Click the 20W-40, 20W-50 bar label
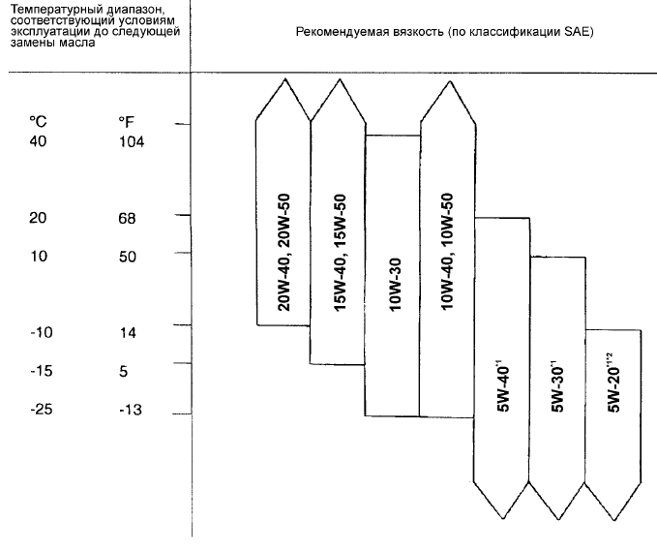coord(284,252)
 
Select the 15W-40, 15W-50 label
coord(340,253)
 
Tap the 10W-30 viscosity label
coord(396,285)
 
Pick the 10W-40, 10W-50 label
coord(447,252)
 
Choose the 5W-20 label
coord(613,383)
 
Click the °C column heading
coord(38,122)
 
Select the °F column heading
coord(126,122)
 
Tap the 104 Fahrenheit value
coord(132,142)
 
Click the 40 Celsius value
coord(38,141)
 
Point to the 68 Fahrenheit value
coord(127,219)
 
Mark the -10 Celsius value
coord(42,333)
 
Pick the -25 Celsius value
coord(42,409)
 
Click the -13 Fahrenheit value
coord(131,410)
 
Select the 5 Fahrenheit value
coord(123,372)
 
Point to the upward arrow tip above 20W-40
coord(284,78)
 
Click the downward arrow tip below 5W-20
coord(613,520)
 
